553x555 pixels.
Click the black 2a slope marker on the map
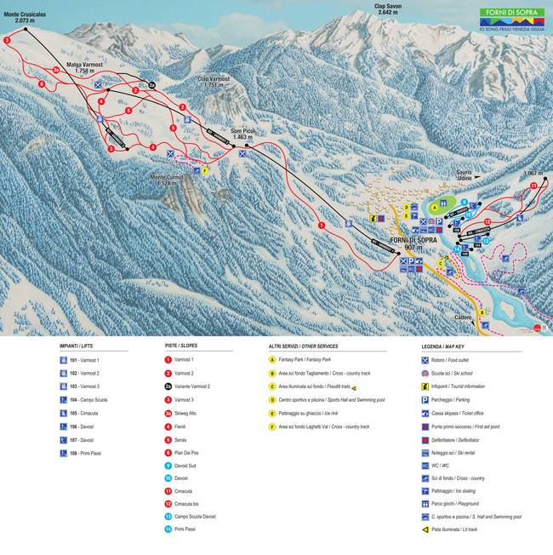pos(152,85)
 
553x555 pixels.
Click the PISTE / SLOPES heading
pos(181,346)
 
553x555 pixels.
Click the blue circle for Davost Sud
pos(168,466)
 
